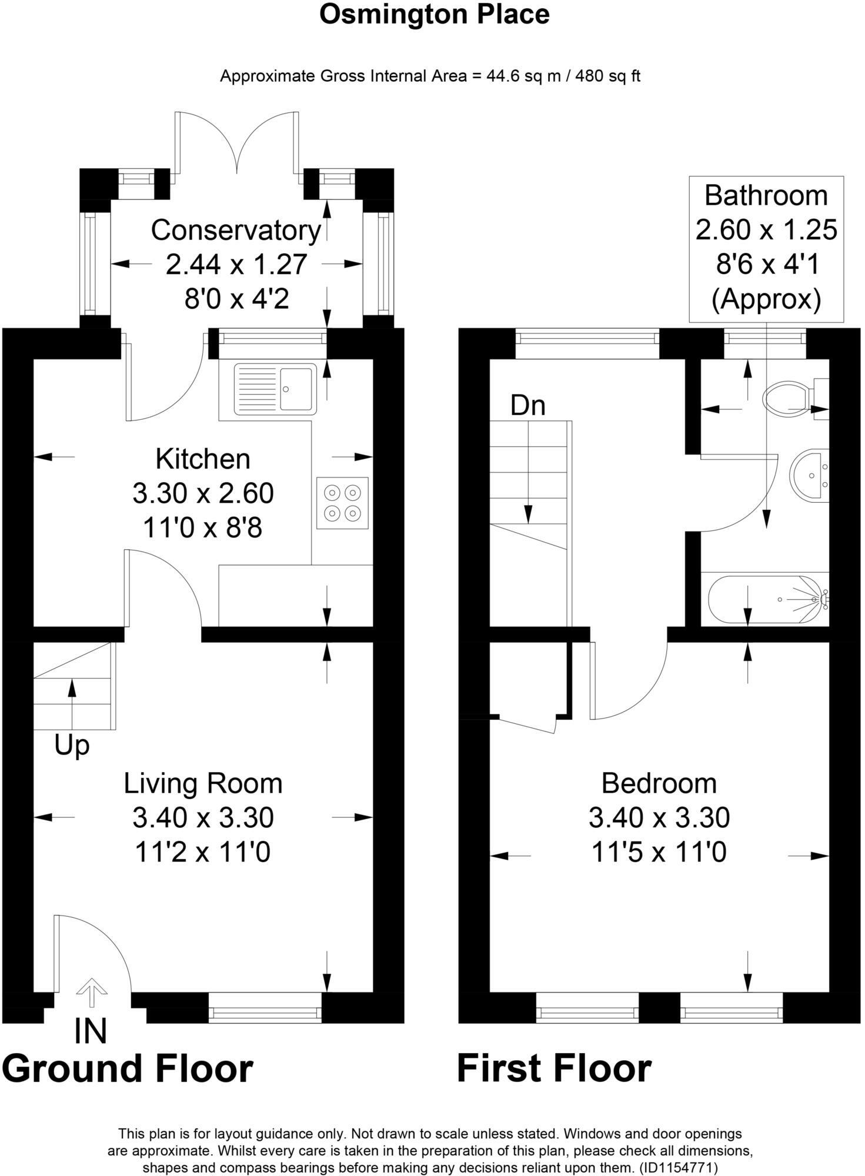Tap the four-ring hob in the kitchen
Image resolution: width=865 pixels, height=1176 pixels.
pos(342,503)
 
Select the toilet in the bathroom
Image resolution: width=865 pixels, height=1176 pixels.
pos(788,398)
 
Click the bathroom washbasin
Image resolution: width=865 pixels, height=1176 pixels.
pos(810,476)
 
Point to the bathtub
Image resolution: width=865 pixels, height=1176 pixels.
pos(767,599)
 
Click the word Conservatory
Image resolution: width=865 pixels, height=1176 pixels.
pos(236,230)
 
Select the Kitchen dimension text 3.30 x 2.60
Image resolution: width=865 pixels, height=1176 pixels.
pos(203,493)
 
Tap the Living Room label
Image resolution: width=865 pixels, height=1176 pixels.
pos(203,783)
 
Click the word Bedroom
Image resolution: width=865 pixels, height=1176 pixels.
pos(659,783)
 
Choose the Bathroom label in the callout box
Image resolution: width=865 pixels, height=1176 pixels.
pos(766,196)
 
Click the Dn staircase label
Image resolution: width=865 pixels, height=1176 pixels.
pos(527,406)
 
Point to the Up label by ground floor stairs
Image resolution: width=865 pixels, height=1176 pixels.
pos(72,745)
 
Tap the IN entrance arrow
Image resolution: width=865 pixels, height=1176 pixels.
pos(91,990)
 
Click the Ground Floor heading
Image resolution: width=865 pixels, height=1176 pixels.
pos(128,1068)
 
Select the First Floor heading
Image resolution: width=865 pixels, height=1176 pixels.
pos(554,1068)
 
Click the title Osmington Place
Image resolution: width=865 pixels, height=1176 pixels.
pos(434,14)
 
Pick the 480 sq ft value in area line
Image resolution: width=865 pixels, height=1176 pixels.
pos(607,76)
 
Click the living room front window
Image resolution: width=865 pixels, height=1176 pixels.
pos(265,1008)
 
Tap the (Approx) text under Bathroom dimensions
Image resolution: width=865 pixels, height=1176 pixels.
pos(766,299)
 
